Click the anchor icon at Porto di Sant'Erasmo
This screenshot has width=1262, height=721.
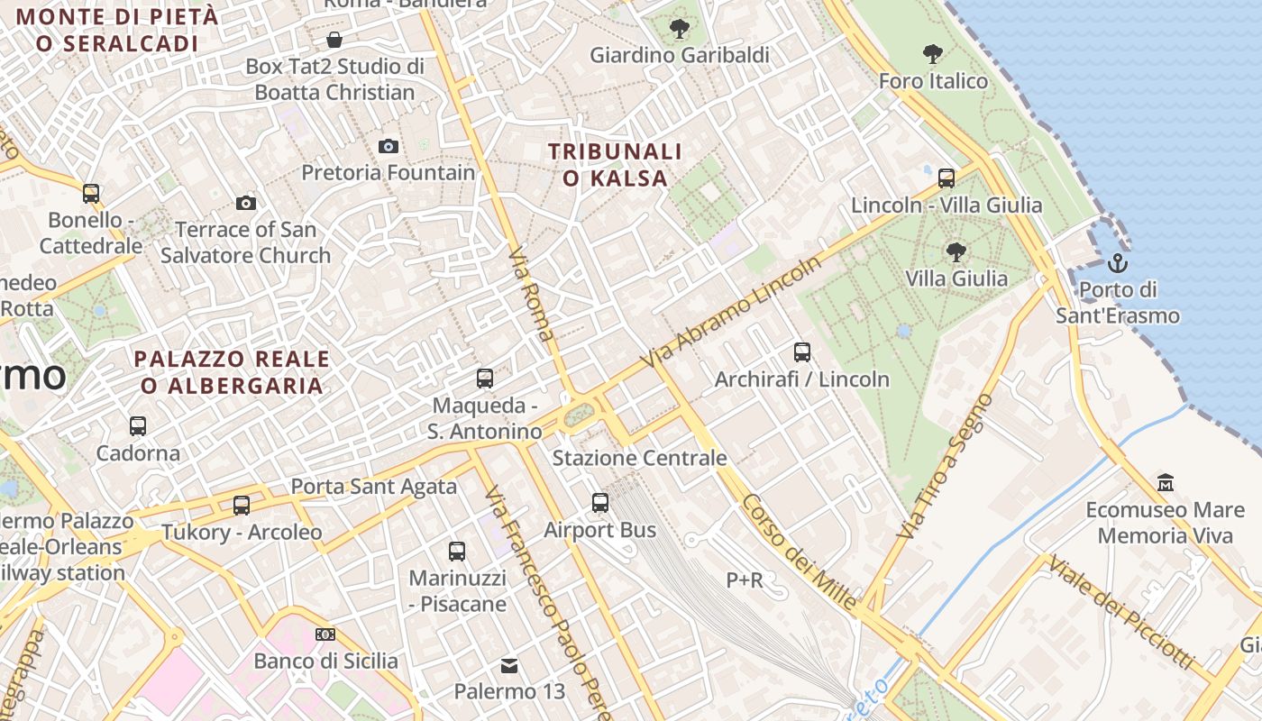1118,263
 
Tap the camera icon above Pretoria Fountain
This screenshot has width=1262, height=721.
389,146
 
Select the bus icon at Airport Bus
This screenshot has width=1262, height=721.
600,503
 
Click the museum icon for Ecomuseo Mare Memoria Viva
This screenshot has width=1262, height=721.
1165,483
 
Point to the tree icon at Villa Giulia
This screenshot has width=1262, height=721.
956,251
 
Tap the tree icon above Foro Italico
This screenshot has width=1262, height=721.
933,54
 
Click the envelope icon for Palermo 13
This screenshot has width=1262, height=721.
509,666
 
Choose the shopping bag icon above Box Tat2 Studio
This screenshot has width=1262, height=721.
334,40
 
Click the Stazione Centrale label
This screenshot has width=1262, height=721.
639,458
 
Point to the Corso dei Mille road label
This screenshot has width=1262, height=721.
800,553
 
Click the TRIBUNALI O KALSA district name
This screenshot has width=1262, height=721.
616,165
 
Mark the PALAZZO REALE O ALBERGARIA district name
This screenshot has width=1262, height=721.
232,372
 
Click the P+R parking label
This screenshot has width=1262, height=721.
745,580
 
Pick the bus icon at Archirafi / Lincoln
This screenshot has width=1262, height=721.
802,352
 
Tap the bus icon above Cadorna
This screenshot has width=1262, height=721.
138,426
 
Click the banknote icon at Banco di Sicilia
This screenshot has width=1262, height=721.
325,634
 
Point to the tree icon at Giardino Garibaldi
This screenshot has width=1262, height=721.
679,29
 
